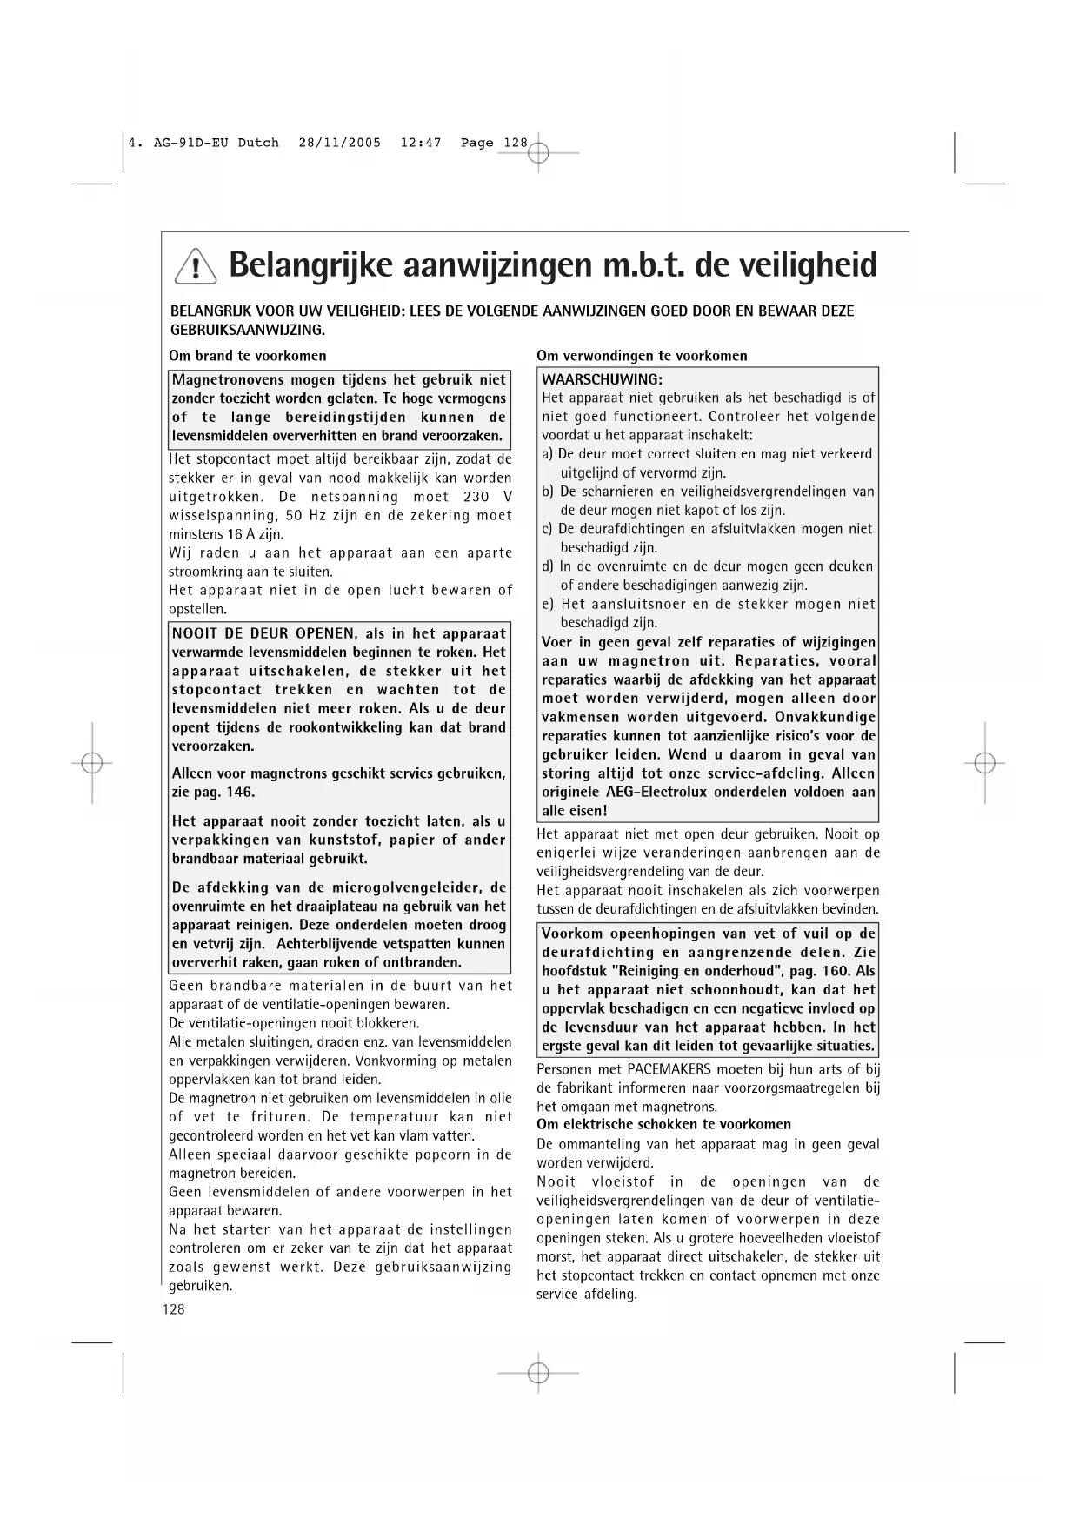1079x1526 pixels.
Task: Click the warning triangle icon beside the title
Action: coord(196,266)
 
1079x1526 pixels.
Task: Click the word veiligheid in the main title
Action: coord(798,264)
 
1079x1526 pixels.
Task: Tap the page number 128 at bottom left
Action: coord(174,1309)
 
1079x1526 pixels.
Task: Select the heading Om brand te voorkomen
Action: coord(248,356)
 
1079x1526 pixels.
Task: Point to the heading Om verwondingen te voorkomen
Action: coord(642,356)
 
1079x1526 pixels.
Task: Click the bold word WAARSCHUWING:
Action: coord(602,379)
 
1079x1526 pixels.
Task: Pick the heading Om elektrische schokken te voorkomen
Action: coord(664,1124)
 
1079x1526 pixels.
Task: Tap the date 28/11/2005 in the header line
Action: coord(339,143)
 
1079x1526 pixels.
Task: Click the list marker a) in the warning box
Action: coord(548,454)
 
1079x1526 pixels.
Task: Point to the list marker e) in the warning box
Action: coord(548,605)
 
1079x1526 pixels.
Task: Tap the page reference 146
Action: coord(240,793)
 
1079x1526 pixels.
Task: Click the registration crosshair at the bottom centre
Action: coord(538,1372)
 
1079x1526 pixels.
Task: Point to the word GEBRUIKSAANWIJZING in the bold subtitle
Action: coord(246,331)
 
